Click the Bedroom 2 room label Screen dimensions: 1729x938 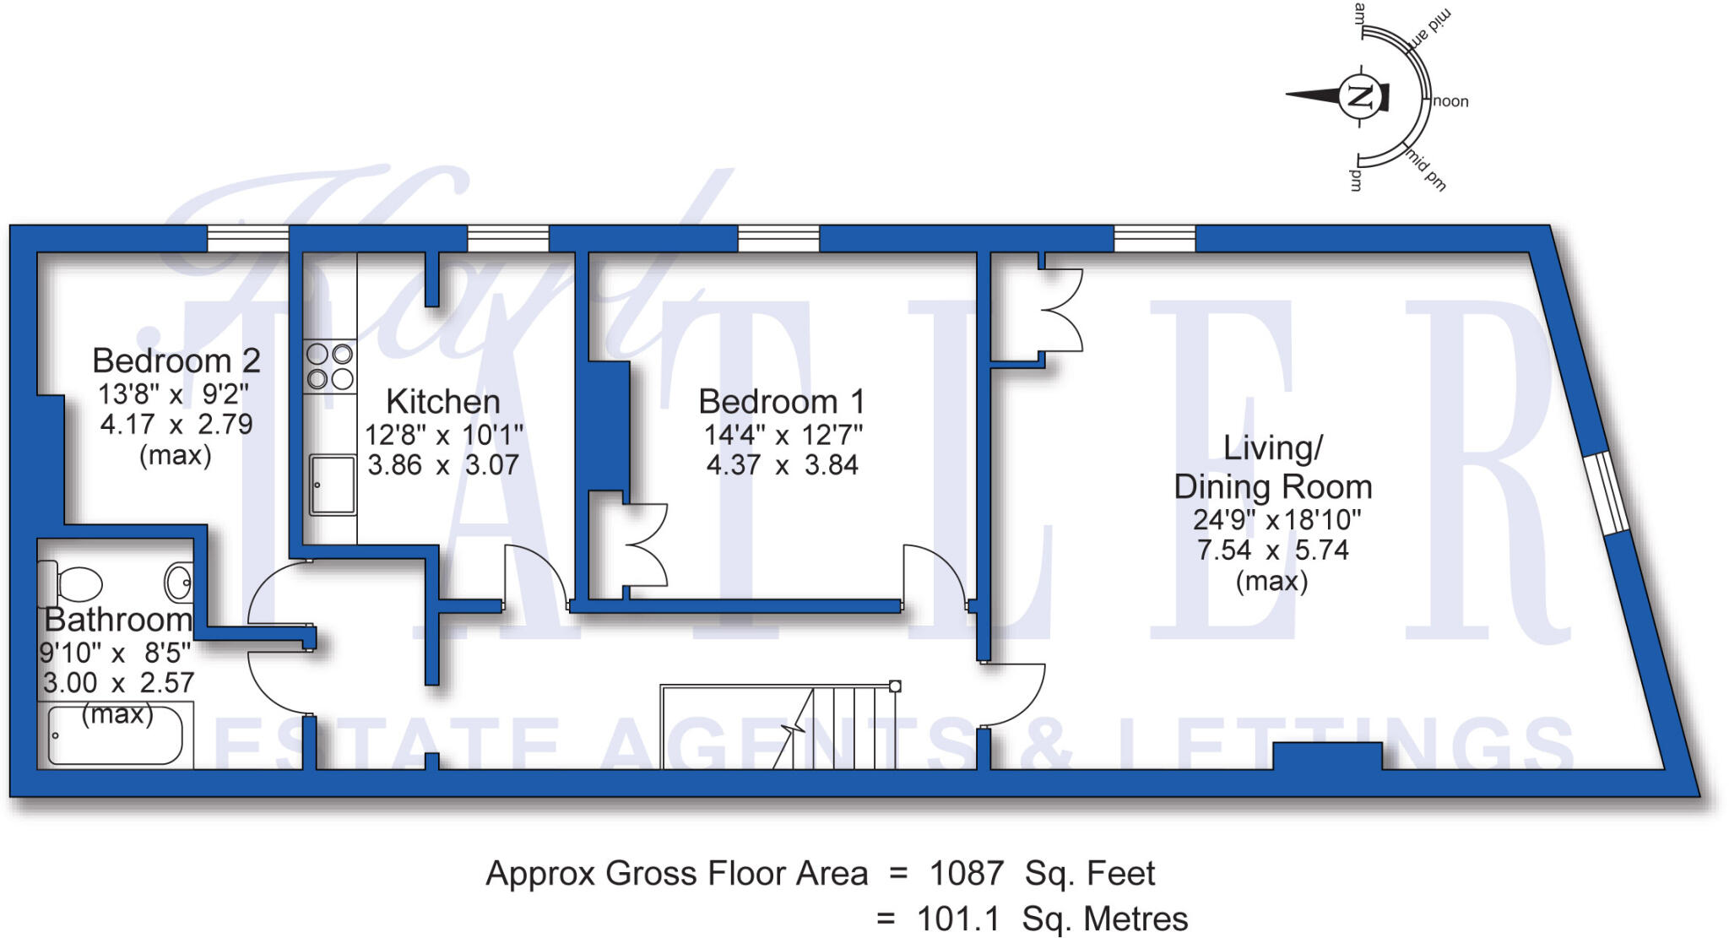(x=176, y=361)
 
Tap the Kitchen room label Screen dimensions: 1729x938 (x=443, y=401)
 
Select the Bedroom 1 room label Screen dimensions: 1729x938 (x=782, y=401)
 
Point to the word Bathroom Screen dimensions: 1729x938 (x=117, y=620)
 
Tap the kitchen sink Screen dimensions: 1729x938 (x=332, y=485)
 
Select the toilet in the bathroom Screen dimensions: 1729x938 (x=70, y=583)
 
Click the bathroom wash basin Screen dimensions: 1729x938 (x=178, y=582)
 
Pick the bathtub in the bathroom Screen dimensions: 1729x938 (x=116, y=735)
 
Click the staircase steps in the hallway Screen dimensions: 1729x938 (x=778, y=727)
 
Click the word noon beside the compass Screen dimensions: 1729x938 (x=1451, y=101)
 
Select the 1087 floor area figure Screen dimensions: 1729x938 (x=967, y=873)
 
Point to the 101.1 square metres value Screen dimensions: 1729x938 (x=958, y=919)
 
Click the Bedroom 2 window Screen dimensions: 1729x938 (x=248, y=239)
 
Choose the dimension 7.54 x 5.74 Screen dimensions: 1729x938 (x=1272, y=550)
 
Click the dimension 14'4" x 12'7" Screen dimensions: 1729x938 (x=783, y=435)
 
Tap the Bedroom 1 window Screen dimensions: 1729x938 (x=778, y=239)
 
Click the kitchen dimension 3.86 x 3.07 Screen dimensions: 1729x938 (x=443, y=464)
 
